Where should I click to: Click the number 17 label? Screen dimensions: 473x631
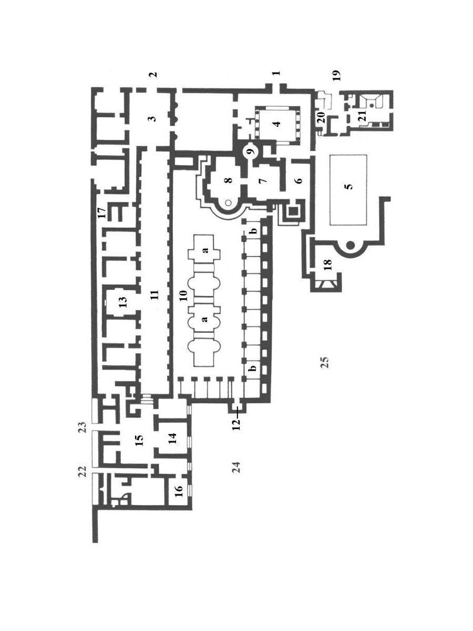pyautogui.click(x=101, y=213)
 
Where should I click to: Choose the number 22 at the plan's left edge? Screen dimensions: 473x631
pyautogui.click(x=83, y=472)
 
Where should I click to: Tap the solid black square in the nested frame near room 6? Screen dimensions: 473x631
pyautogui.click(x=293, y=211)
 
